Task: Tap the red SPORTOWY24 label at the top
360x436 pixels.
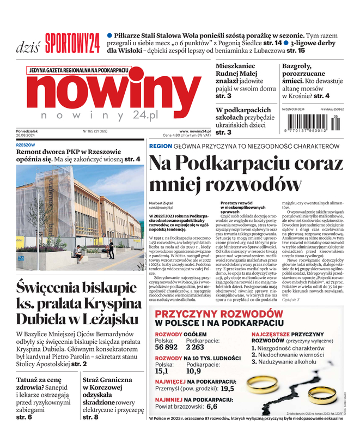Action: (x=72, y=41)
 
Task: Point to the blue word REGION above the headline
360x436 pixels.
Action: (x=161, y=147)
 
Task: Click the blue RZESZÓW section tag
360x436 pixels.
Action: (x=26, y=146)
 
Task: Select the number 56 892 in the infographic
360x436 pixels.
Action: (x=166, y=347)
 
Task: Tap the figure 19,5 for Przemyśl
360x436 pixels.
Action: (x=228, y=389)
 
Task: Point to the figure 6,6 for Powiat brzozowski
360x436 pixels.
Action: (x=212, y=406)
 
